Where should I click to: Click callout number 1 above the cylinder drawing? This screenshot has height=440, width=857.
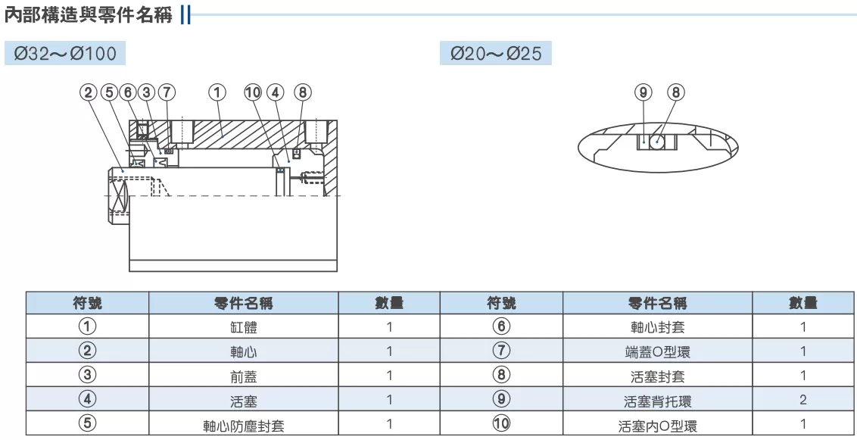(x=217, y=92)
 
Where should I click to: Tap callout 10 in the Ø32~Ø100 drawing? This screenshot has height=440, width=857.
(x=253, y=92)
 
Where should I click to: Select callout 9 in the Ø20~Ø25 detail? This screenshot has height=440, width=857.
(x=644, y=92)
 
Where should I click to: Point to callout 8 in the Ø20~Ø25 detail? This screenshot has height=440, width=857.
(x=676, y=92)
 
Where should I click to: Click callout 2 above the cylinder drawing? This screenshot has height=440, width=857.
(x=88, y=92)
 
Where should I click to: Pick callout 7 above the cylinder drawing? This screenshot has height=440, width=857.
(x=167, y=92)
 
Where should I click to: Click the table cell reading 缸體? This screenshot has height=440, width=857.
(x=244, y=327)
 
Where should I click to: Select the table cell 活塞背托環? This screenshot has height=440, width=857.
(x=657, y=401)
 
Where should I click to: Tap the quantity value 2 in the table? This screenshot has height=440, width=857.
(x=803, y=400)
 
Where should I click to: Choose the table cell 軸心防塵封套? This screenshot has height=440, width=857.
(x=244, y=426)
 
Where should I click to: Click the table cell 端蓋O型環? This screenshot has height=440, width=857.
(x=657, y=352)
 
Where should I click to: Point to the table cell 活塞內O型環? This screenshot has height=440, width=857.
(x=657, y=426)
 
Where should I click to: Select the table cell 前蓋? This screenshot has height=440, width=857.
(x=244, y=376)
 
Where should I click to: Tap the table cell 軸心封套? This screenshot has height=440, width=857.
(x=657, y=327)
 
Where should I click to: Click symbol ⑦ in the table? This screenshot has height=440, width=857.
(x=501, y=350)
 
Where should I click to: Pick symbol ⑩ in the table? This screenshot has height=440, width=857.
(x=501, y=423)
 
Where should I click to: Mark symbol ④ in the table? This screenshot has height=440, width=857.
(x=88, y=399)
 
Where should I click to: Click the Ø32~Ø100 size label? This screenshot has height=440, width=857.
(x=65, y=54)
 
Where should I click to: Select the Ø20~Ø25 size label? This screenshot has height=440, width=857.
(x=496, y=54)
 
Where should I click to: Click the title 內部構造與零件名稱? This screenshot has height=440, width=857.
(x=89, y=14)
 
